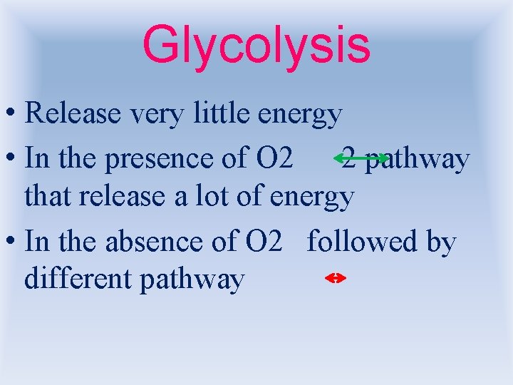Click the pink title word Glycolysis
click(256, 44)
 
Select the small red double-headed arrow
click(335, 279)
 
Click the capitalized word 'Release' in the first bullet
click(69, 113)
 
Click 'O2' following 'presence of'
click(269, 158)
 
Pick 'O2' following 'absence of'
click(265, 242)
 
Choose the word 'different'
click(78, 279)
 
